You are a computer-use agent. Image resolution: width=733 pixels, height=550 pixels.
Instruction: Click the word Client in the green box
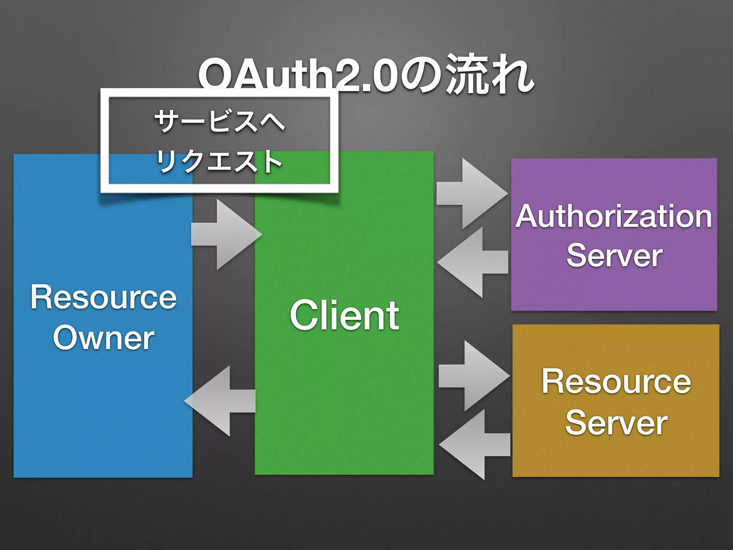pyautogui.click(x=344, y=315)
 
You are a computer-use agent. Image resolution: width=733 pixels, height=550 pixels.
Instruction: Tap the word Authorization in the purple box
pyautogui.click(x=613, y=217)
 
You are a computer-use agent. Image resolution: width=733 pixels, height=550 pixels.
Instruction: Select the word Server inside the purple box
pyautogui.click(x=614, y=255)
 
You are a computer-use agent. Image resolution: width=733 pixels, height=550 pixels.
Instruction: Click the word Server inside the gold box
pyautogui.click(x=616, y=423)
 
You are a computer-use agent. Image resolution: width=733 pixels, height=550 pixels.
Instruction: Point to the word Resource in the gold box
pyautogui.click(x=616, y=382)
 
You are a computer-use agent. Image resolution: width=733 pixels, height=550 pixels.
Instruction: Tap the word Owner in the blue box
pyautogui.click(x=103, y=338)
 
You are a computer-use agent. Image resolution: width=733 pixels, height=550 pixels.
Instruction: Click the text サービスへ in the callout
pyautogui.click(x=219, y=121)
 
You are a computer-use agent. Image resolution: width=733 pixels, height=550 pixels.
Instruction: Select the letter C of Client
pyautogui.click(x=304, y=315)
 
